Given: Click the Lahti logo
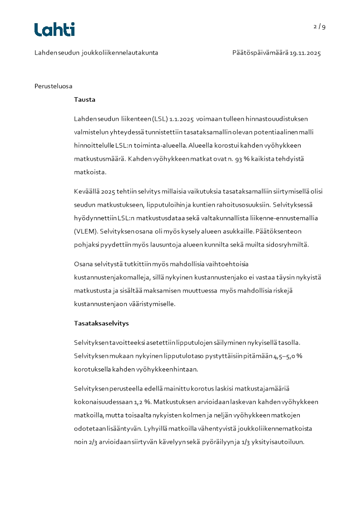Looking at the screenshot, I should [x=54, y=30].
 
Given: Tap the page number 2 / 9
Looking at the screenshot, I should [x=320, y=26].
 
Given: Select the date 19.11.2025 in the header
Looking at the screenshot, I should [x=306, y=53].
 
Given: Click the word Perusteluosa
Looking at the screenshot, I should [x=54, y=86].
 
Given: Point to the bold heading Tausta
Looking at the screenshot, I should [x=84, y=100].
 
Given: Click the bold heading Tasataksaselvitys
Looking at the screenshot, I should [x=101, y=323].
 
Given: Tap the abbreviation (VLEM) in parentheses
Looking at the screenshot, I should [x=85, y=231].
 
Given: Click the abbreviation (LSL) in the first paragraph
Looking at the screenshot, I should [x=160, y=119].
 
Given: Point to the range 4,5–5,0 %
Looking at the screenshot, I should [x=287, y=356].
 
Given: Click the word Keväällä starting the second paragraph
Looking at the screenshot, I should [x=88, y=191].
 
